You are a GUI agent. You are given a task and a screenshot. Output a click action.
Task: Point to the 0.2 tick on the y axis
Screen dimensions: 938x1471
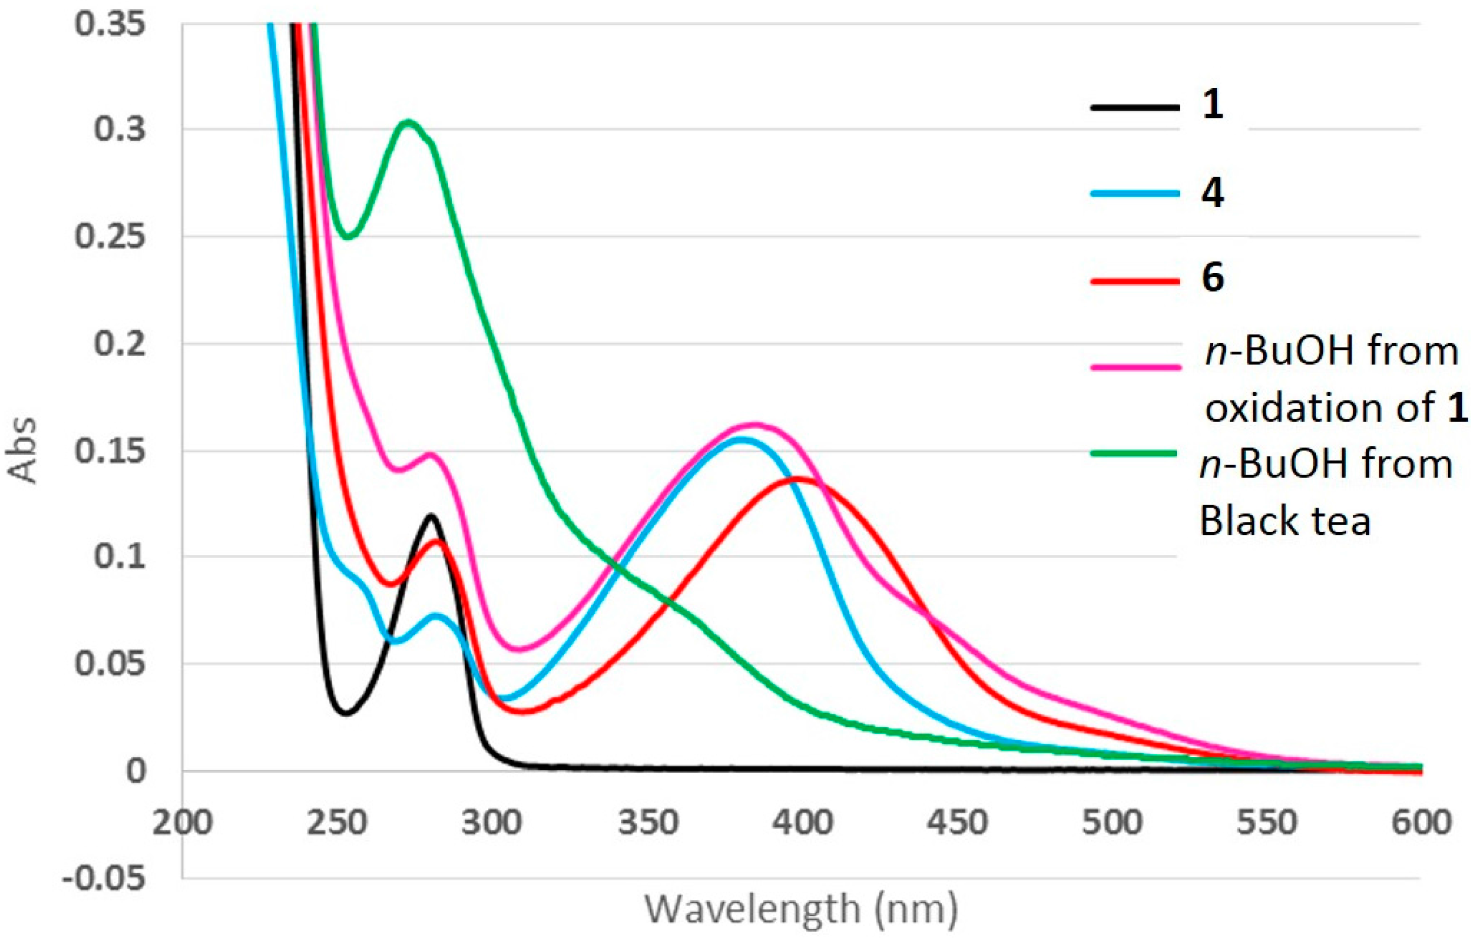coord(120,344)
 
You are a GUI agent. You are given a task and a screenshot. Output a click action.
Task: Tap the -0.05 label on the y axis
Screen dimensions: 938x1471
coord(104,879)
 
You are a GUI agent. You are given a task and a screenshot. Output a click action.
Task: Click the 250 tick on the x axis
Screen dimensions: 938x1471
coord(337,823)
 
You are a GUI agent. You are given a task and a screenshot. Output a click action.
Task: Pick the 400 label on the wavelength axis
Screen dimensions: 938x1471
coord(802,823)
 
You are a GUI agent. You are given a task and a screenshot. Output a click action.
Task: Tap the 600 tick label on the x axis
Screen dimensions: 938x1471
coord(1420,823)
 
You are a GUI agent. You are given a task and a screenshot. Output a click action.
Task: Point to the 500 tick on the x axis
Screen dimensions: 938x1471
coord(1112,823)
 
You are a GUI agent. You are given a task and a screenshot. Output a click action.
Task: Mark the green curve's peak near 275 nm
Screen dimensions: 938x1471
coord(408,122)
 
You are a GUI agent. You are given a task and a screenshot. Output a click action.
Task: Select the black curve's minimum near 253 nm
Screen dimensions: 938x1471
coord(346,713)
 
